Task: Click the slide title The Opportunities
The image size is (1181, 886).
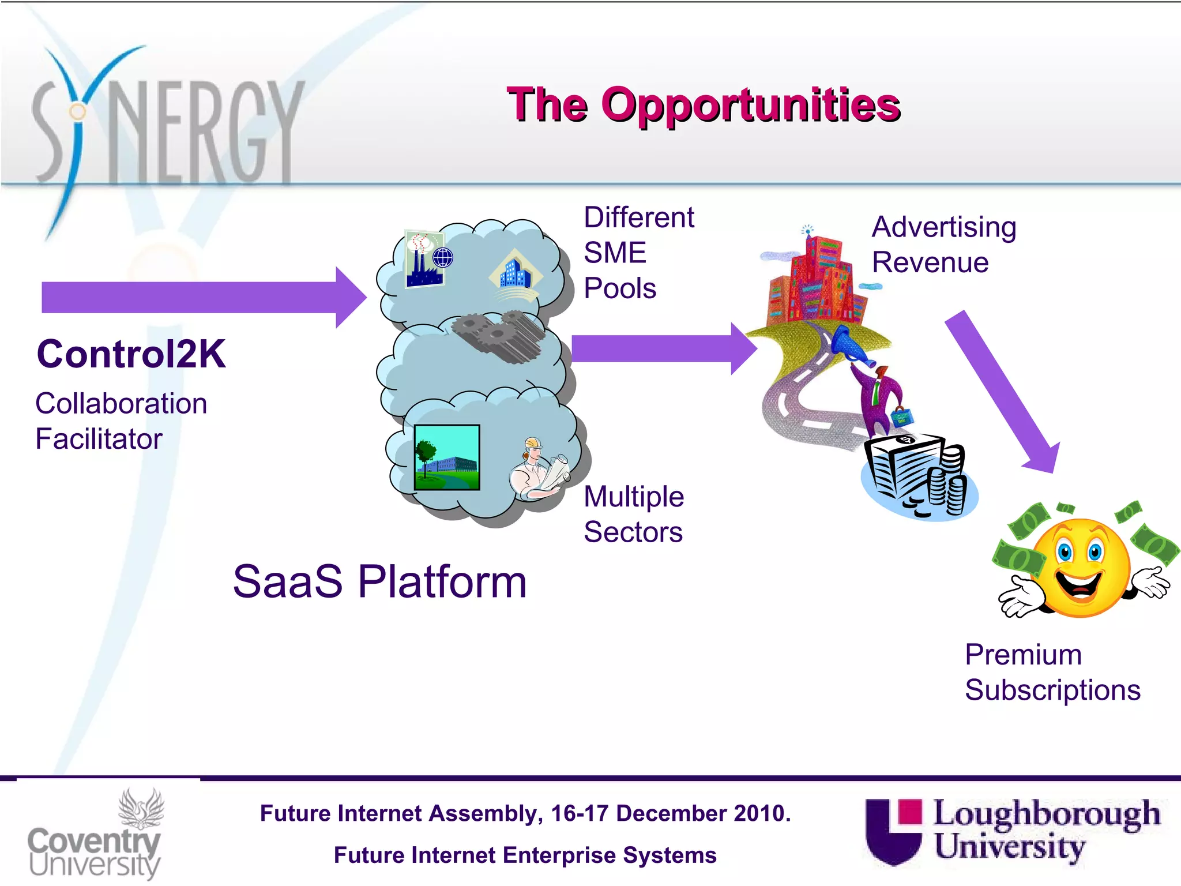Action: tap(704, 105)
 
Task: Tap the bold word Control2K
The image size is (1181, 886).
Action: tap(131, 354)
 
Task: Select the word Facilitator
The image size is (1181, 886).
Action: tap(99, 439)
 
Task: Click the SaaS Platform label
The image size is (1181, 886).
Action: tap(379, 581)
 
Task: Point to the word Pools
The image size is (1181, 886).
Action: tap(620, 288)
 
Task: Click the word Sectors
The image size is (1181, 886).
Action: tap(633, 532)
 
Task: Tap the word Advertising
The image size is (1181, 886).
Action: tap(944, 227)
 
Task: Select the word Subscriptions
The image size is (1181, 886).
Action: tap(1052, 690)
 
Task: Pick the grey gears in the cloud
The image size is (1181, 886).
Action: tap(499, 337)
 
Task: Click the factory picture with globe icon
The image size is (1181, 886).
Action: tap(427, 259)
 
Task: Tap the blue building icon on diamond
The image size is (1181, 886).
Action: tap(514, 272)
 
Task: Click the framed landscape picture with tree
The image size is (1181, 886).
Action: tap(447, 457)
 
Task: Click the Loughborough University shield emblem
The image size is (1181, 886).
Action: tap(893, 831)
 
